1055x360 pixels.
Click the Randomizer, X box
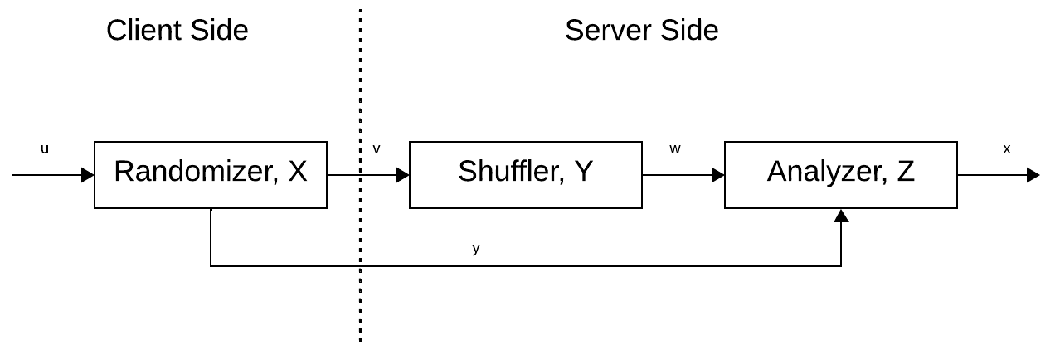[211, 174]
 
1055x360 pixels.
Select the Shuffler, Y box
[525, 174]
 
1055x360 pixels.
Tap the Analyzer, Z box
[840, 174]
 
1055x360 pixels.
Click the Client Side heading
[177, 31]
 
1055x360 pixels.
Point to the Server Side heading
[641, 31]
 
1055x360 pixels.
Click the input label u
[45, 149]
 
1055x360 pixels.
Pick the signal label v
[377, 149]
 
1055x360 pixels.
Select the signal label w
[675, 149]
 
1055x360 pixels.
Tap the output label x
[1007, 149]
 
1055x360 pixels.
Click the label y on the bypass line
[476, 248]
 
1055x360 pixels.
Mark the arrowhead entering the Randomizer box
[87, 175]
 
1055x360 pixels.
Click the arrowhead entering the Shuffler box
[403, 175]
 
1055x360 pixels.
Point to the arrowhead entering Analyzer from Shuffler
[718, 175]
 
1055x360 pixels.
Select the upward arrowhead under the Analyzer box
[841, 216]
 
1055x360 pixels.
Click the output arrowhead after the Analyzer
[1033, 175]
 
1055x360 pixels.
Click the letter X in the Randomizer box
[296, 172]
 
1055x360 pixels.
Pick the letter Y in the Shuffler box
[583, 172]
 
